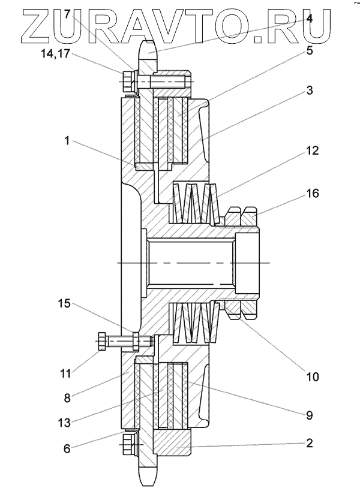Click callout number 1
(67, 141)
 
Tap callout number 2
(309, 443)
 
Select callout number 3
(309, 91)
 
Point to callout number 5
(309, 50)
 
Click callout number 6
(67, 448)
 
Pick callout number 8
(67, 398)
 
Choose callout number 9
(309, 415)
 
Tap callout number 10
(312, 376)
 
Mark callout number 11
(65, 373)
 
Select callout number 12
(312, 150)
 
